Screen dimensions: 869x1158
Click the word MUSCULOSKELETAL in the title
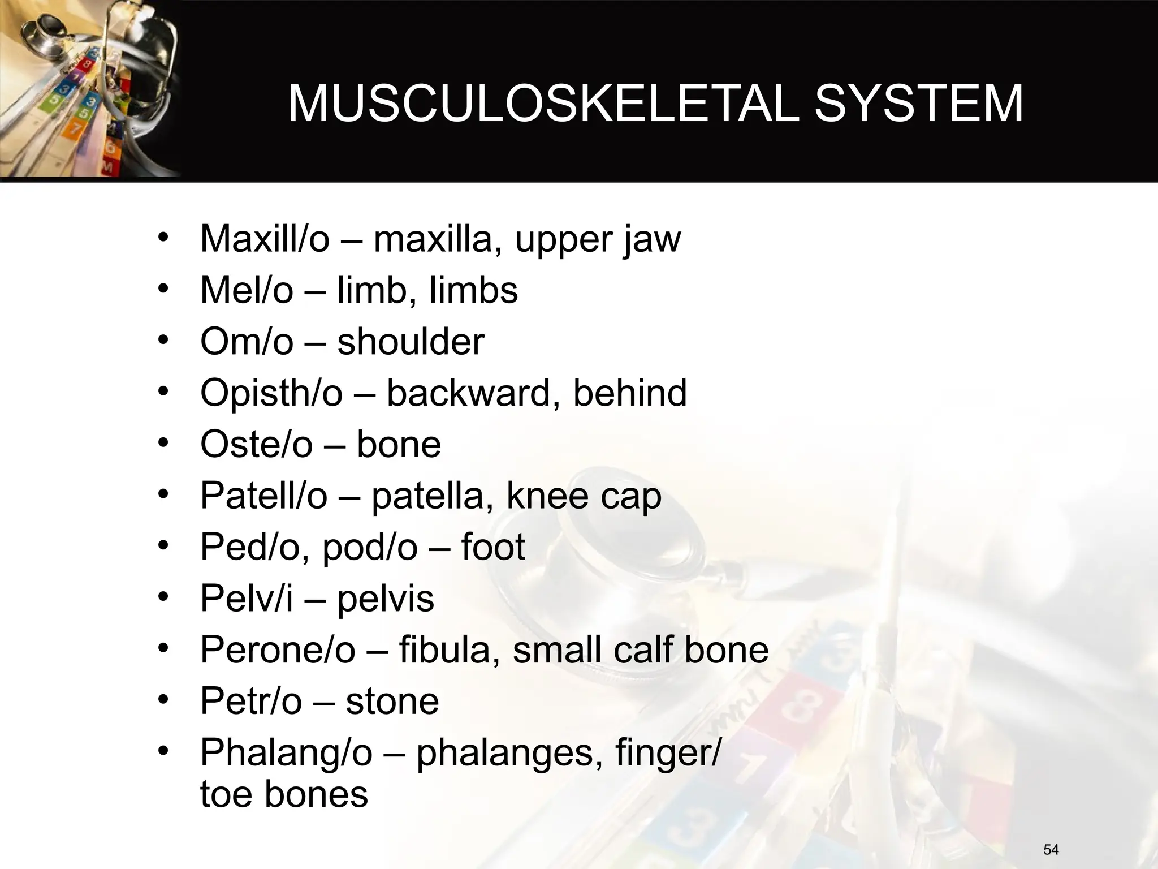click(543, 104)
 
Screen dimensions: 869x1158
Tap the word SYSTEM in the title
click(918, 104)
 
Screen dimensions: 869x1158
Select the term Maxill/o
click(265, 239)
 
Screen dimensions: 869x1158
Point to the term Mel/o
click(247, 290)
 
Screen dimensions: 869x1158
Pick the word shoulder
click(411, 342)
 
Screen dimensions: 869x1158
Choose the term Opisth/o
click(271, 393)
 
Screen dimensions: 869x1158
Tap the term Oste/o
click(256, 445)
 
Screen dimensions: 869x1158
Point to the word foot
click(493, 547)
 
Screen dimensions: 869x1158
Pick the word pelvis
click(386, 599)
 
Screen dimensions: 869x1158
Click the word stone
click(392, 702)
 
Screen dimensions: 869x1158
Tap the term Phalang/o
click(287, 753)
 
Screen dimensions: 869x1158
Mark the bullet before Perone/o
click(164, 649)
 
